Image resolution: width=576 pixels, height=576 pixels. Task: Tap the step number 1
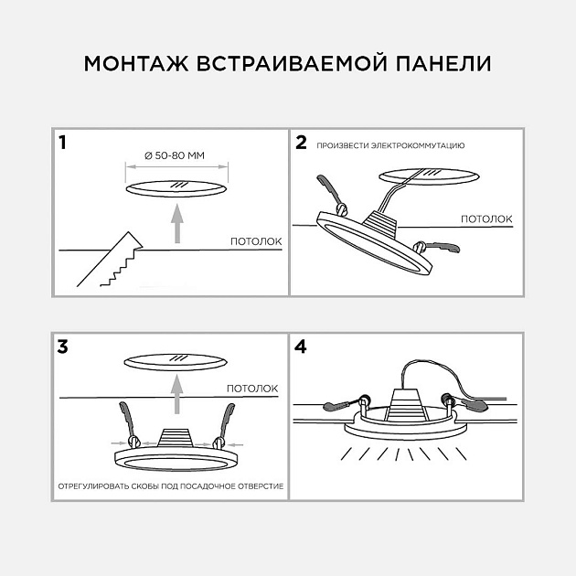tap(62, 143)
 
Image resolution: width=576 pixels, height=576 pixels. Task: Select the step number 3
tap(62, 347)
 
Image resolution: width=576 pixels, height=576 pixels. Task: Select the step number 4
tap(301, 347)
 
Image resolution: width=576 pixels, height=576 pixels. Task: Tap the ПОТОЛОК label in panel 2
tap(485, 219)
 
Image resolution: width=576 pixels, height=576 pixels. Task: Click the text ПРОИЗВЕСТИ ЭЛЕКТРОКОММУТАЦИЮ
tap(391, 145)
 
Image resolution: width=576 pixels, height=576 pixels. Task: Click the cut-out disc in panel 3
tap(176, 361)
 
